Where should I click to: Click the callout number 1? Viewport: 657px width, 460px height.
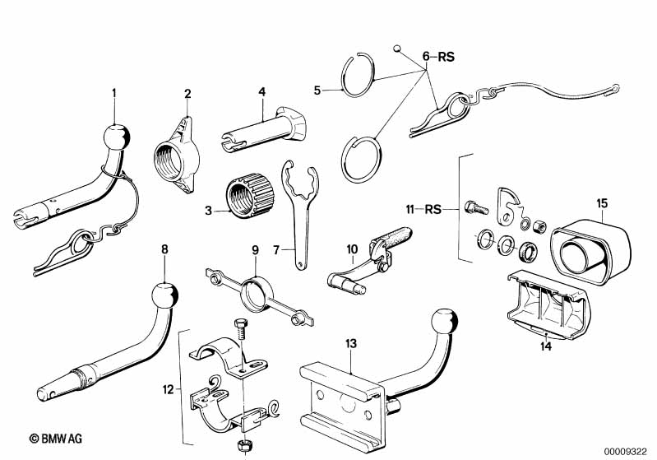click(114, 92)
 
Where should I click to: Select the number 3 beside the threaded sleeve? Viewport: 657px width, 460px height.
click(209, 211)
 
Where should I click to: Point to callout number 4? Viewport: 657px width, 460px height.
click(261, 92)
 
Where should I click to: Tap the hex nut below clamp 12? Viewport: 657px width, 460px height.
click(243, 444)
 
